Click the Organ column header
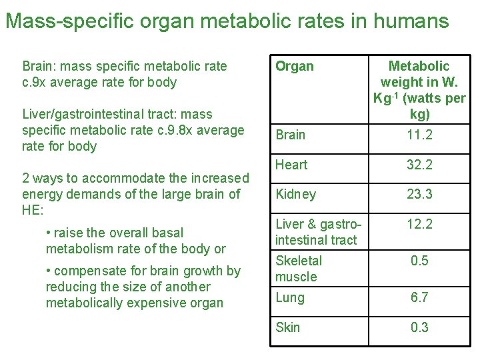point(294,66)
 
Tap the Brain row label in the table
point(290,135)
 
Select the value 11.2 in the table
point(419,135)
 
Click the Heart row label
point(291,165)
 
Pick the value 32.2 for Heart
point(419,165)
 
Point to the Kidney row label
point(295,194)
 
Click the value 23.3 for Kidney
point(419,194)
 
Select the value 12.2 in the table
point(419,224)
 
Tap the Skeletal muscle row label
point(298,269)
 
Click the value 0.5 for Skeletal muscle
point(419,261)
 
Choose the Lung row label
point(289,297)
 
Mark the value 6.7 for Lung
point(419,297)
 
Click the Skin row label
point(287,327)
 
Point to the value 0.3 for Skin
point(419,327)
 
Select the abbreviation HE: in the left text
point(33,210)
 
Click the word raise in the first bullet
point(69,233)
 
